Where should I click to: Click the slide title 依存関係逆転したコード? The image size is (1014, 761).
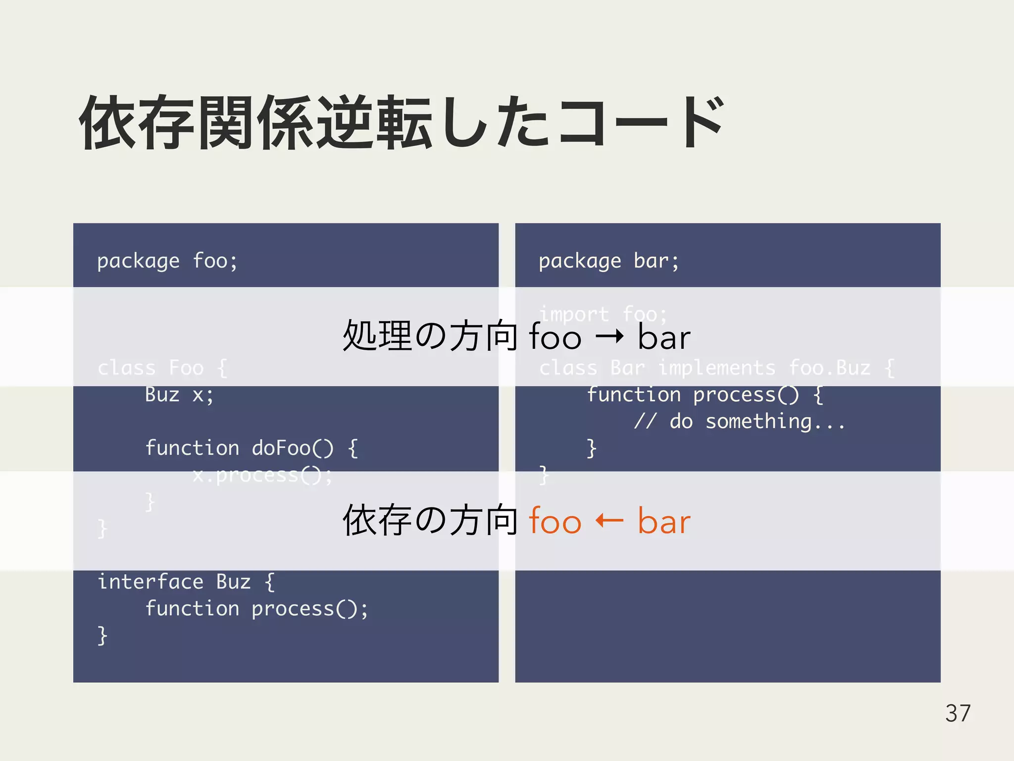click(x=401, y=123)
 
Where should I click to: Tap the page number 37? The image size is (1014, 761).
click(x=958, y=713)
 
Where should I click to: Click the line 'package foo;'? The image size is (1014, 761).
click(x=167, y=261)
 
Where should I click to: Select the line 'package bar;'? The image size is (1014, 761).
click(x=608, y=261)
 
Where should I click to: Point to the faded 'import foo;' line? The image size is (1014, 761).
click(x=603, y=314)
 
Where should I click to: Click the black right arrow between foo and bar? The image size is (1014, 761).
click(x=609, y=337)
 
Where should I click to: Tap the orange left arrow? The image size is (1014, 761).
click(x=609, y=521)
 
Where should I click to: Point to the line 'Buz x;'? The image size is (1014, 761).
click(x=179, y=395)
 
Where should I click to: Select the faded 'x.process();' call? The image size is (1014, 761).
click(x=262, y=475)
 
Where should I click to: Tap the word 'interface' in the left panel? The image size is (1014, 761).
click(x=151, y=582)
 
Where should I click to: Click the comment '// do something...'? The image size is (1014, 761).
click(x=739, y=422)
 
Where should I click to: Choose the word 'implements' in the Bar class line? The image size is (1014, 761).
click(x=716, y=368)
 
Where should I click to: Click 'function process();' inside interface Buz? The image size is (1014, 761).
click(x=256, y=608)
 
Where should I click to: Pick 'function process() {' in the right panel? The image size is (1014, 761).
click(x=705, y=395)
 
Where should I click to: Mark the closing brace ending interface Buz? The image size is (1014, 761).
click(x=102, y=635)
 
